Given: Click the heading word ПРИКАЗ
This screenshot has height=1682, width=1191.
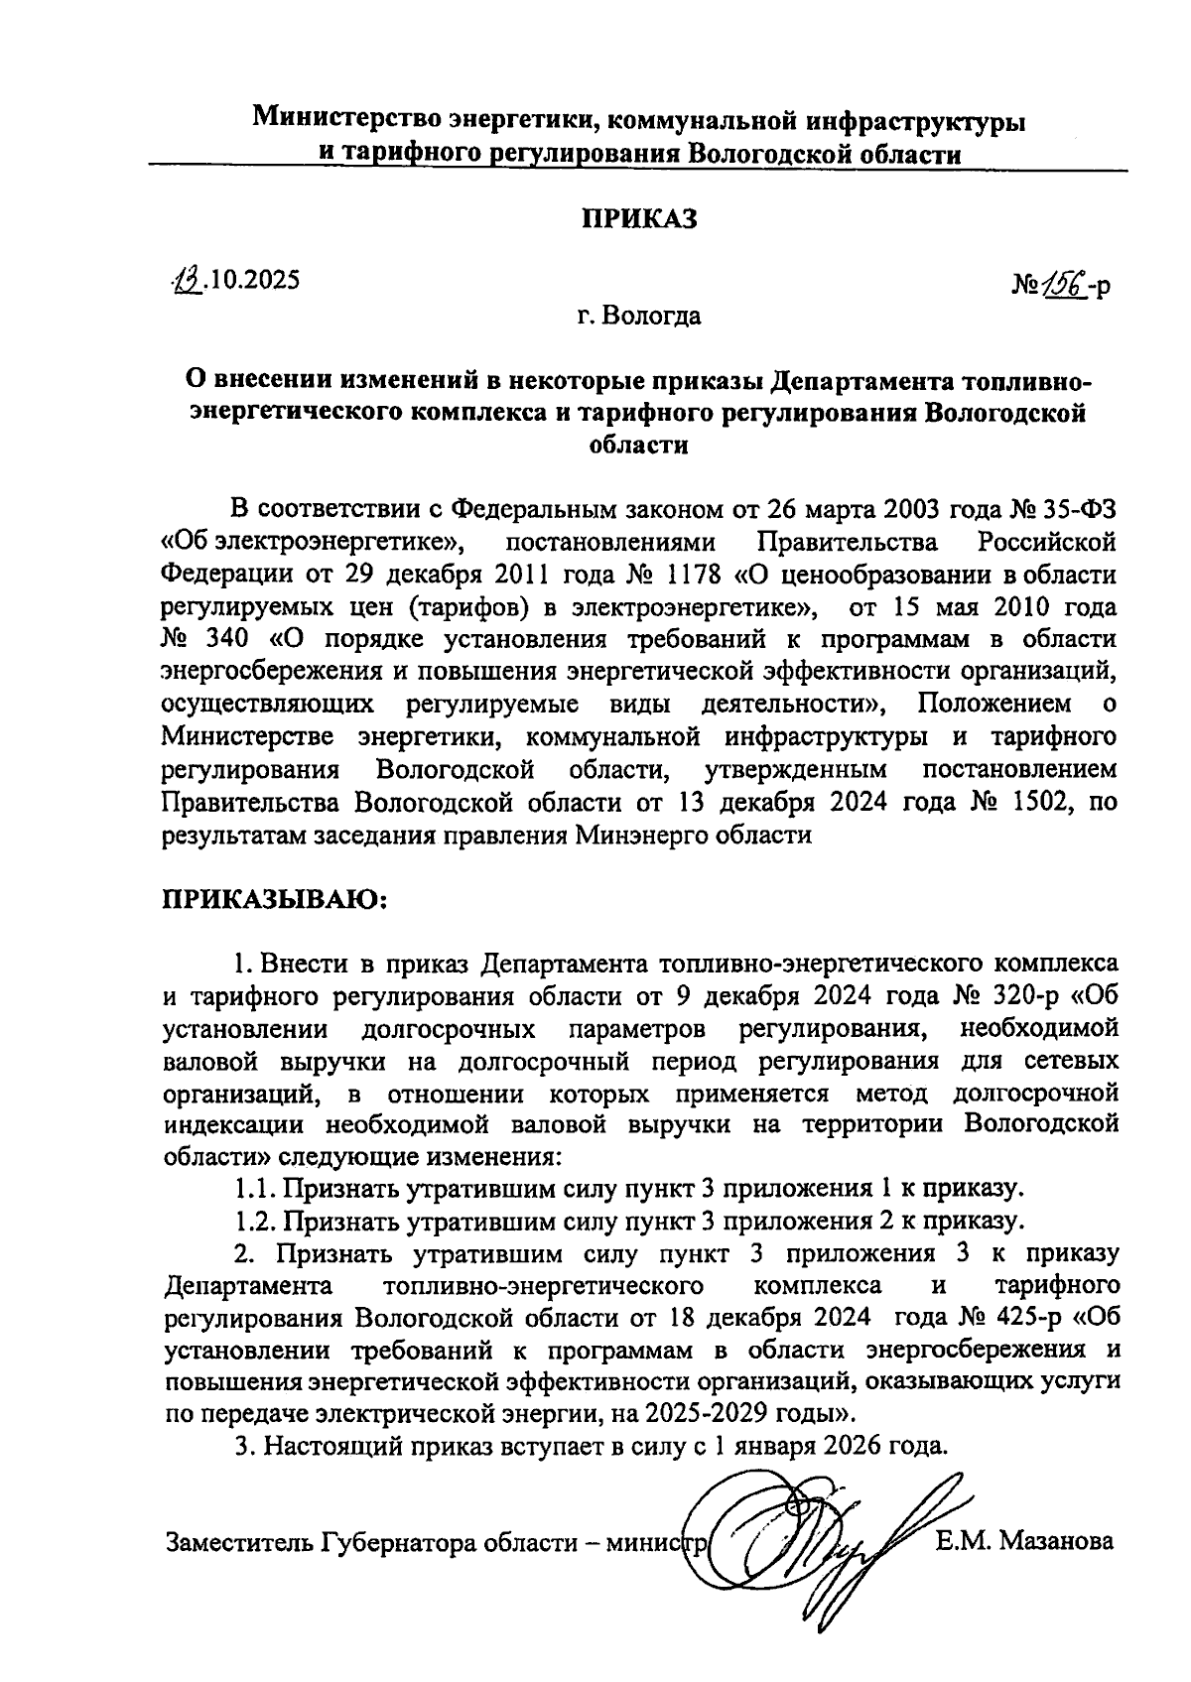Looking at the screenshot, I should (x=638, y=219).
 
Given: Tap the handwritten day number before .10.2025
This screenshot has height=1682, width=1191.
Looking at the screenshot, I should (x=186, y=281).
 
